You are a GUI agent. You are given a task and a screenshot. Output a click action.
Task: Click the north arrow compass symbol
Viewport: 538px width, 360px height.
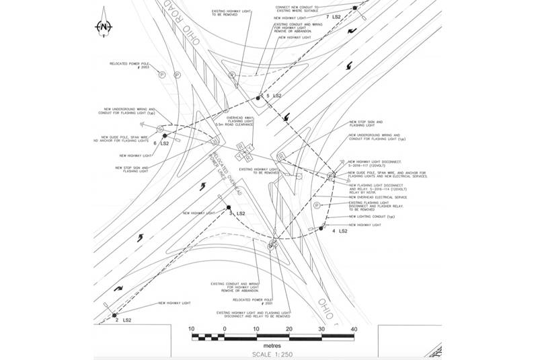pos(104,26)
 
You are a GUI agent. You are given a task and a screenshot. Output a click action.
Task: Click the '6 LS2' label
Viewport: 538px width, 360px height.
pos(161,143)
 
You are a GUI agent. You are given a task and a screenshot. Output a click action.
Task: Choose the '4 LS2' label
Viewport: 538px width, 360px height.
pos(339,231)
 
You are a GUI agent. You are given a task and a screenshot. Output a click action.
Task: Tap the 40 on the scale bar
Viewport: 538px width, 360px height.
pos(354,329)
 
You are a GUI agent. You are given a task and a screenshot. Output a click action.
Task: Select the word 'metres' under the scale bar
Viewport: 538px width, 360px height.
pos(273,345)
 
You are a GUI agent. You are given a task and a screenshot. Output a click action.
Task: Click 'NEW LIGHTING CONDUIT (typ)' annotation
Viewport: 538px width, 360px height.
pos(369,217)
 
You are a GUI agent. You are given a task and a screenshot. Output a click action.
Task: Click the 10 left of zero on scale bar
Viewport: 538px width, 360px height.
pos(192,329)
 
